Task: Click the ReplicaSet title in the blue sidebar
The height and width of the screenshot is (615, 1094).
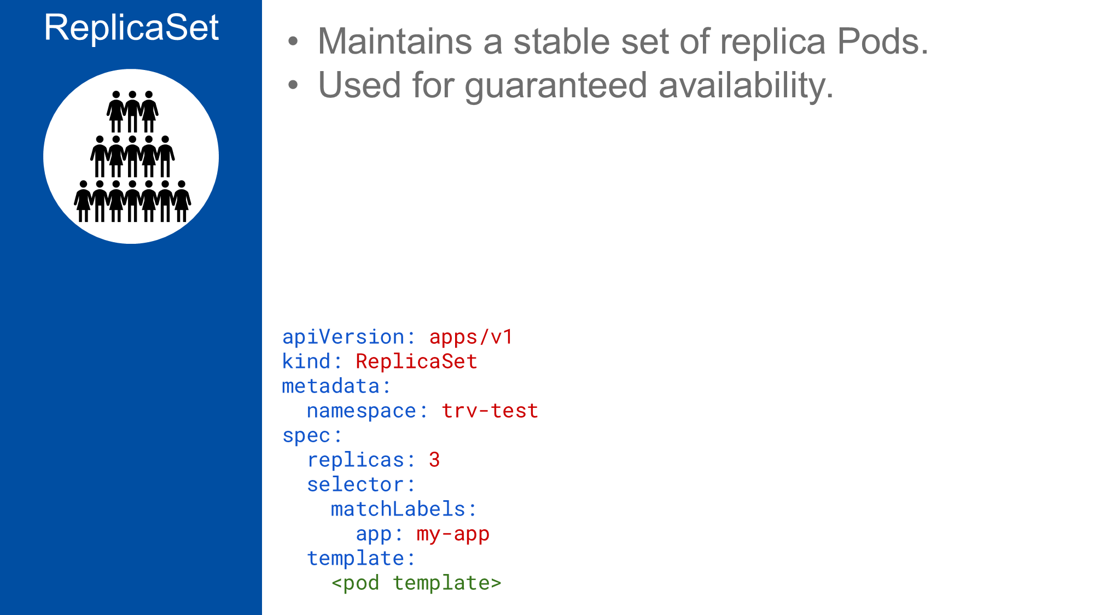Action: tap(131, 27)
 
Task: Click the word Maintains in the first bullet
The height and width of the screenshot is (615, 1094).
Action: tap(394, 42)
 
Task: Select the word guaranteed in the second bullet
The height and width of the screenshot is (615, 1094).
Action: tap(556, 86)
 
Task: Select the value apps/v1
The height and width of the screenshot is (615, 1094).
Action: tap(471, 337)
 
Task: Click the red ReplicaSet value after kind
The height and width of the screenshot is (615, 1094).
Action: tap(416, 361)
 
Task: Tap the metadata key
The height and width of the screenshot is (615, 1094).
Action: tap(331, 386)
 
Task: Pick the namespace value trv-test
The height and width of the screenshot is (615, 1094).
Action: tap(490, 411)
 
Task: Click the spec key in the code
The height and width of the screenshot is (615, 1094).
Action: tap(306, 435)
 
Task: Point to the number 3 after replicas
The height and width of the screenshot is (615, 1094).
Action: tap(434, 460)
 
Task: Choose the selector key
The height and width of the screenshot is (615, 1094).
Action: tap(355, 484)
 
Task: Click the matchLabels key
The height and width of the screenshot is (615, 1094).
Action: tap(398, 509)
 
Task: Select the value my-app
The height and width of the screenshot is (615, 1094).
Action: tap(453, 534)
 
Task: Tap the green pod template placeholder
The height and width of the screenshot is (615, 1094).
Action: tap(416, 583)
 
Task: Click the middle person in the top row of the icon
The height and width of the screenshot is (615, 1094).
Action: tap(132, 111)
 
